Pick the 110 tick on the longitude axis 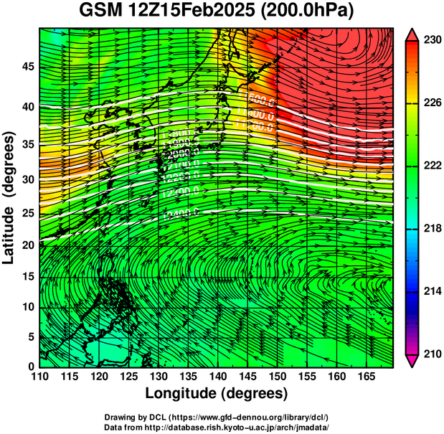coord(39,377)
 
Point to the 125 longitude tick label coord(128,377)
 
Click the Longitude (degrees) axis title coord(217,394)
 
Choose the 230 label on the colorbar coord(433,41)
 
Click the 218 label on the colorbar coord(433,229)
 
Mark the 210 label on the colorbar coord(433,354)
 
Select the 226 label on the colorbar coord(433,103)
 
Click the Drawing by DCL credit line coord(217,418)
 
